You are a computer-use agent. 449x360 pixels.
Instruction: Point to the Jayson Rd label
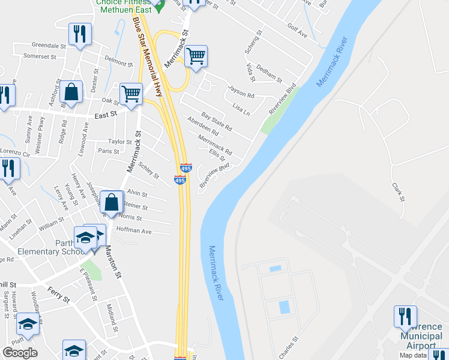click(x=241, y=92)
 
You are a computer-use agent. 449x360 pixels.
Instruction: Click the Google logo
click(x=20, y=353)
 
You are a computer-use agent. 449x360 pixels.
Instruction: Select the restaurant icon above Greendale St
click(x=80, y=34)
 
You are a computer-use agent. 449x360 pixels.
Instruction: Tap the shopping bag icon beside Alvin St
click(x=112, y=202)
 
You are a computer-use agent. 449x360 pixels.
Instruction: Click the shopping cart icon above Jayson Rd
click(x=196, y=56)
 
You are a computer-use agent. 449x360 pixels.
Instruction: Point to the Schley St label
click(x=148, y=171)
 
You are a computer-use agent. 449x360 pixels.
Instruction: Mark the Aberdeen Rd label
click(x=203, y=127)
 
